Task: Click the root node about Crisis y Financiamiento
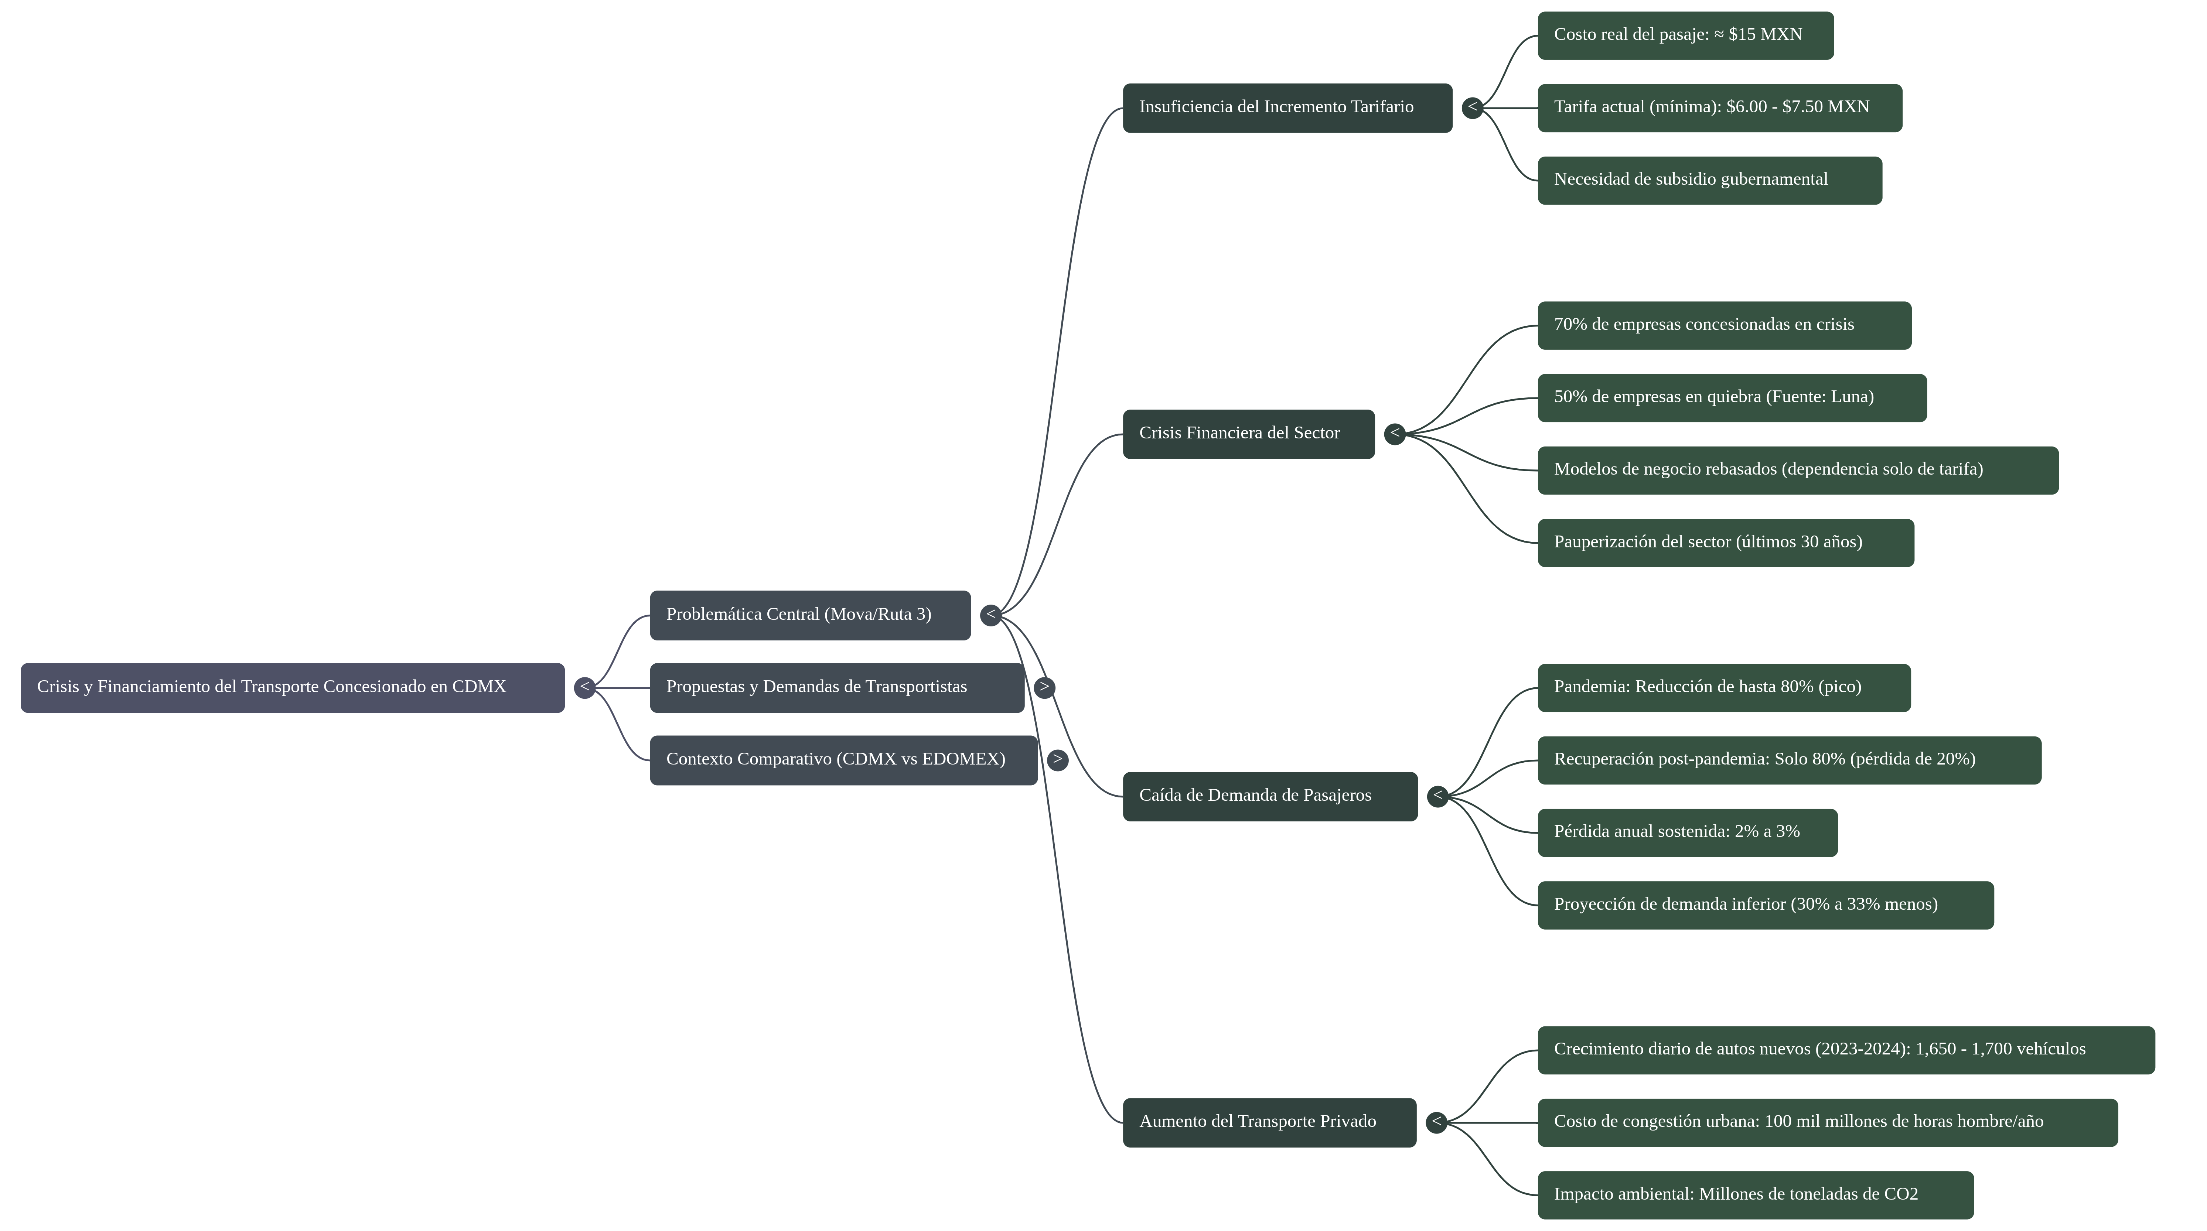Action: pyautogui.click(x=292, y=687)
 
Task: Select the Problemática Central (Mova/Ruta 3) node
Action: pyautogui.click(x=810, y=615)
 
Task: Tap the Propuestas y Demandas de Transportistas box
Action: pyautogui.click(x=837, y=687)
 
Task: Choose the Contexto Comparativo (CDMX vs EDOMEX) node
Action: pyautogui.click(x=844, y=760)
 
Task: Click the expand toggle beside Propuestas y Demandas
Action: pyautogui.click(x=1044, y=687)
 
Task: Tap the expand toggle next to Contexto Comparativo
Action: pyautogui.click(x=1057, y=760)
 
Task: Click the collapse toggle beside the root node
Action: pyautogui.click(x=584, y=687)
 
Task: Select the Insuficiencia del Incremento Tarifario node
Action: pyautogui.click(x=1288, y=108)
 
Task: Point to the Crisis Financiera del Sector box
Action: pyautogui.click(x=1248, y=434)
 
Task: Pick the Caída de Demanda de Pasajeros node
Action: pyautogui.click(x=1270, y=797)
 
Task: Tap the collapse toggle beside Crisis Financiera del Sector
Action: pyautogui.click(x=1395, y=434)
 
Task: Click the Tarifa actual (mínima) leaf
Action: pyautogui.click(x=1719, y=108)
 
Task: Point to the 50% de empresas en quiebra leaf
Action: pyautogui.click(x=1732, y=397)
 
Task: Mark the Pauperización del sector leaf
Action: pyautogui.click(x=1726, y=542)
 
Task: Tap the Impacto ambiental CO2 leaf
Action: pyautogui.click(x=1756, y=1195)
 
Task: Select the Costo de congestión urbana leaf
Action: pyautogui.click(x=1828, y=1122)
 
